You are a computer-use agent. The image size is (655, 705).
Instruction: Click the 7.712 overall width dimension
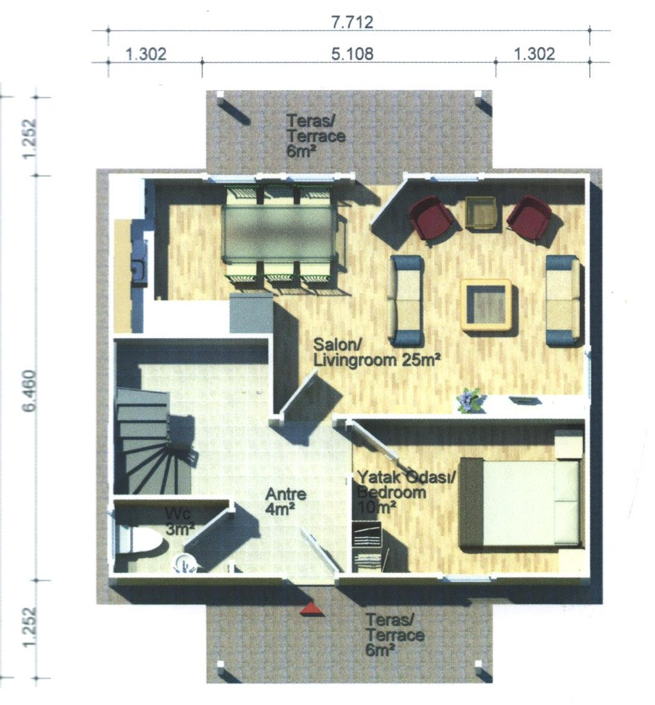352,22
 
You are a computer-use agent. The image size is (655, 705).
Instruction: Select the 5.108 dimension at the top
352,54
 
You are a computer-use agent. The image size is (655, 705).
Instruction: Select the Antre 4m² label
286,501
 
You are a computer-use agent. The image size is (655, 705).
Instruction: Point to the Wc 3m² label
179,521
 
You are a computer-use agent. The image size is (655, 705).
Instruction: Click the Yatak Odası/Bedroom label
406,484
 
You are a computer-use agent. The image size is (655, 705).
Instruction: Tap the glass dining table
279,234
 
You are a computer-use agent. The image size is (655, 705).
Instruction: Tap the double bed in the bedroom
521,502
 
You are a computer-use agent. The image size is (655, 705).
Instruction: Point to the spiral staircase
153,441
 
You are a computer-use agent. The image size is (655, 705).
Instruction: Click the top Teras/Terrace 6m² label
316,136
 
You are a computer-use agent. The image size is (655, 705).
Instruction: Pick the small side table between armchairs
481,212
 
